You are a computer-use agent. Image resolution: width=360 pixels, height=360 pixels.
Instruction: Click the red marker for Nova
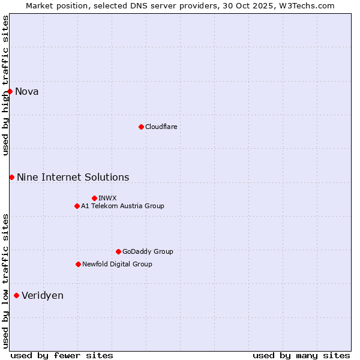click(10, 91)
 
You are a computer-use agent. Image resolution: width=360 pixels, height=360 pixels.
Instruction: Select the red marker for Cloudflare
click(141, 127)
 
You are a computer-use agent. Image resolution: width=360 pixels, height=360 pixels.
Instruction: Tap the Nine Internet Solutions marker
click(11, 177)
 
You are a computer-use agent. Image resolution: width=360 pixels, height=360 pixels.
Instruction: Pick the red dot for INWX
click(94, 198)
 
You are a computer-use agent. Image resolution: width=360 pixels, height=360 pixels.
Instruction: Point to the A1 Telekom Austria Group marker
click(77, 206)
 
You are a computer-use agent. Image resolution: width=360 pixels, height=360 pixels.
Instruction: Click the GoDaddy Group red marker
click(118, 251)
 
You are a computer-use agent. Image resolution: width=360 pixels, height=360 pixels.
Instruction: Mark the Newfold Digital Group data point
click(78, 264)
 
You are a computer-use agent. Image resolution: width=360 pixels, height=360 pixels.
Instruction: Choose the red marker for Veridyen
click(16, 295)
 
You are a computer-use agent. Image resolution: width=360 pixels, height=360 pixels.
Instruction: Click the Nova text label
click(27, 91)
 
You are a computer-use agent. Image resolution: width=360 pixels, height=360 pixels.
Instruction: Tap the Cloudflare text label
click(161, 127)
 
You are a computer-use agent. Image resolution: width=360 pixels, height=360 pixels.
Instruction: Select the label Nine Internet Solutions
click(73, 177)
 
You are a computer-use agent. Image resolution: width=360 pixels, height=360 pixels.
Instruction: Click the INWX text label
click(107, 198)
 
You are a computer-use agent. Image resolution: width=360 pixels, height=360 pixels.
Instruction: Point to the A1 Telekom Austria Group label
click(122, 206)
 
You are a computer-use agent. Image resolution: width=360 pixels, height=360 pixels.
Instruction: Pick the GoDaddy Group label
click(148, 251)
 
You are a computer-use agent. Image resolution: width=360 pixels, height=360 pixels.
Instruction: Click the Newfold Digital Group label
click(117, 264)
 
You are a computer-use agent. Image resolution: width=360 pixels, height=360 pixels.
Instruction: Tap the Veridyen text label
click(43, 295)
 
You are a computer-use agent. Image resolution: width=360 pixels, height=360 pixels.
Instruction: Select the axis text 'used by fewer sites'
click(62, 355)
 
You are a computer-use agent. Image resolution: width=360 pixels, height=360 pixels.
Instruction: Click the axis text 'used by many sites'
click(301, 355)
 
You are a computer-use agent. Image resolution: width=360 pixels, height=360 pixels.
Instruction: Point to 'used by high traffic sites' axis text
click(5, 85)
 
